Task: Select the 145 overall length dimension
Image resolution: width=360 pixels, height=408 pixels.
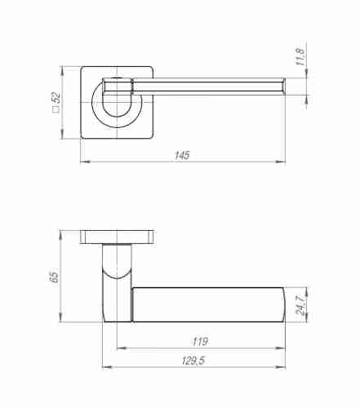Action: tap(182, 155)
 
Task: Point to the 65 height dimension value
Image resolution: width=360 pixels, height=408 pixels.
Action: tap(54, 277)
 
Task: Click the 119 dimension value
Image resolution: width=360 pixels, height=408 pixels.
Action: tap(198, 341)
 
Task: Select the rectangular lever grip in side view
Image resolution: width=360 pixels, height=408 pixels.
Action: tap(204, 303)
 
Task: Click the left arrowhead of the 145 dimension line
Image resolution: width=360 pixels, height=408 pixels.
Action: tap(83, 162)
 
